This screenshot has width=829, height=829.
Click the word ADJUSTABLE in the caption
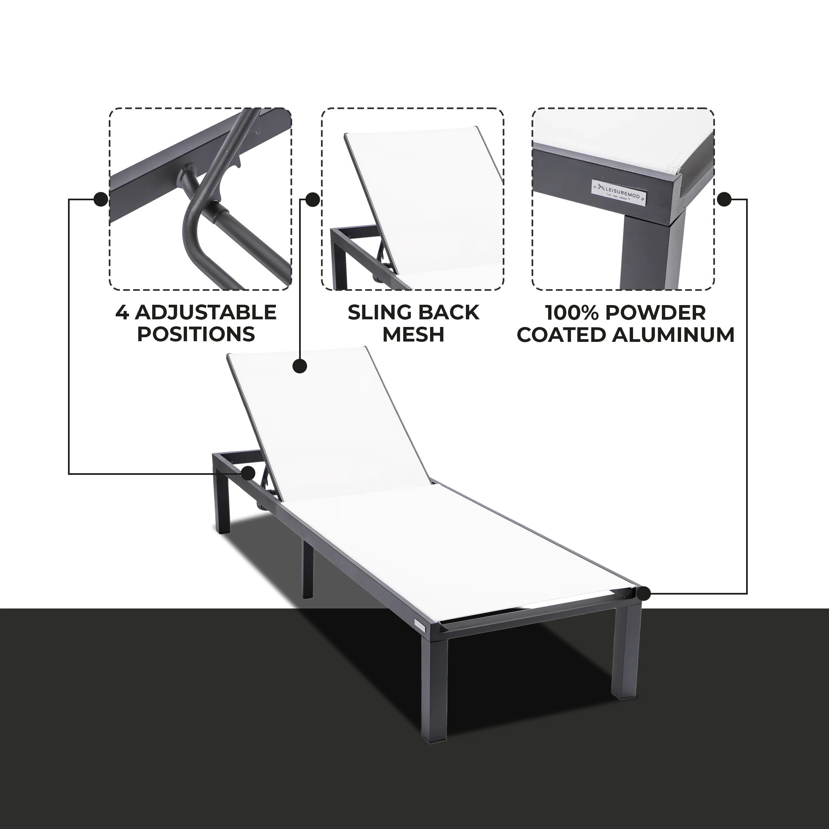pos(206,312)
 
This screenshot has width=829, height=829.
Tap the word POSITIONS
pos(196,335)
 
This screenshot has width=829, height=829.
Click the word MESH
pos(413,335)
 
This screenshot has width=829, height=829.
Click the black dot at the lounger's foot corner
pos(644,594)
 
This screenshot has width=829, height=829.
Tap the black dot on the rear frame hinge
pos(248,474)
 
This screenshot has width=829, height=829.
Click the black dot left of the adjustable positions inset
pos(100,199)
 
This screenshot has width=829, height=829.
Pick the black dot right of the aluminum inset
pos(724,199)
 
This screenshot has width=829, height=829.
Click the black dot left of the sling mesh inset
pos(312,199)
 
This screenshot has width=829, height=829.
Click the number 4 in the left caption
pos(122,312)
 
